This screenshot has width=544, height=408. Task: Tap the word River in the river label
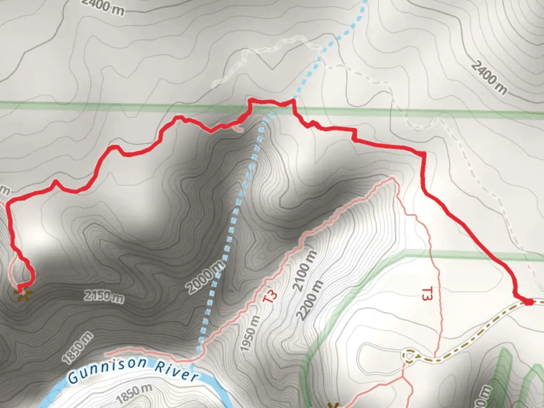coord(176,371)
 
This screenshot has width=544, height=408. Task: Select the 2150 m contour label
coord(104,296)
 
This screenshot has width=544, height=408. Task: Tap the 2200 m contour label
coord(310,300)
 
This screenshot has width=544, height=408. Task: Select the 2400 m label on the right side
coord(489,77)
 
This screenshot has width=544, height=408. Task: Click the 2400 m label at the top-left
coord(103,7)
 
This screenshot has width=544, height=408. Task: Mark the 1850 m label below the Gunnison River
coord(134,393)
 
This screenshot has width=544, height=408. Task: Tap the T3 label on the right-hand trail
coord(427,294)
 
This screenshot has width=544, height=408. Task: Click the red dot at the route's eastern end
coord(528,302)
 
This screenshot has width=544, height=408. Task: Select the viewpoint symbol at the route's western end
coord(22,292)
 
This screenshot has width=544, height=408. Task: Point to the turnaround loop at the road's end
coord(409,356)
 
